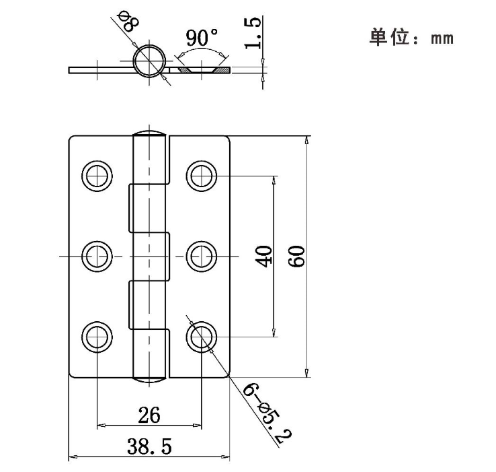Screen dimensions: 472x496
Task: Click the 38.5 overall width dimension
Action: (x=149, y=445)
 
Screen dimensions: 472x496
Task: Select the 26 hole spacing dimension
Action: (x=149, y=415)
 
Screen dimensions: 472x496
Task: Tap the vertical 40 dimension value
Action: (x=263, y=256)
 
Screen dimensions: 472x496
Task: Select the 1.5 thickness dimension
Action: (x=253, y=33)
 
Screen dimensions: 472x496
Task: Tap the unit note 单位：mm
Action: (x=411, y=37)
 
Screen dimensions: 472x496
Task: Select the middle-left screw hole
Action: (x=97, y=257)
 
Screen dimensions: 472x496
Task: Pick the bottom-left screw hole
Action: (x=97, y=337)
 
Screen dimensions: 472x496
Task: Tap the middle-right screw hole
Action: (x=201, y=257)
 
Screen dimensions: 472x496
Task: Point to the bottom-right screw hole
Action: (x=201, y=337)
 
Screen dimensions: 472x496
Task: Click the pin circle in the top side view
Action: (x=149, y=63)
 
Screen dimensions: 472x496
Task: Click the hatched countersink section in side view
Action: (x=202, y=70)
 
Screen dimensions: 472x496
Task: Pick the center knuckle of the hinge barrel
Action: (x=149, y=257)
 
